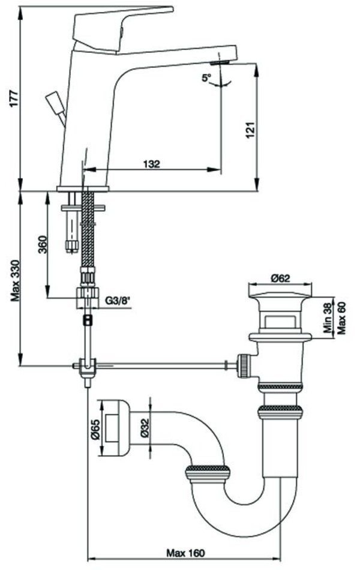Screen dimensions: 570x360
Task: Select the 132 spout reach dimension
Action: [152, 164]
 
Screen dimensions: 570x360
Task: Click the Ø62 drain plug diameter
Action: [280, 278]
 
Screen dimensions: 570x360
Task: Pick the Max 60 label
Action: [343, 318]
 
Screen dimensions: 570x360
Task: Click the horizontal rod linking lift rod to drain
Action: [162, 364]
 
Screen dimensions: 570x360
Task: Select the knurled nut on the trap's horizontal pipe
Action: [207, 473]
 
